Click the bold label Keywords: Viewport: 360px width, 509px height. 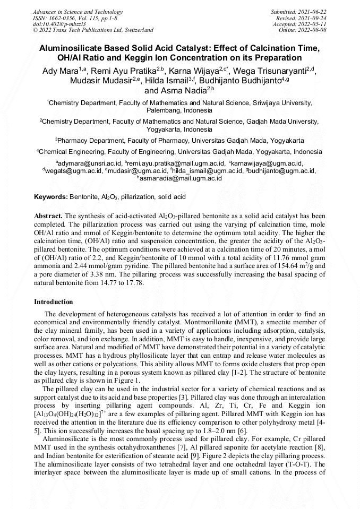(x=51, y=197)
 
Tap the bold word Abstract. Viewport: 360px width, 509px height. (x=48, y=216)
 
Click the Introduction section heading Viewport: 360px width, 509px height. (x=53, y=301)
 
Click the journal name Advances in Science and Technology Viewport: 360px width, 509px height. (x=78, y=12)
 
